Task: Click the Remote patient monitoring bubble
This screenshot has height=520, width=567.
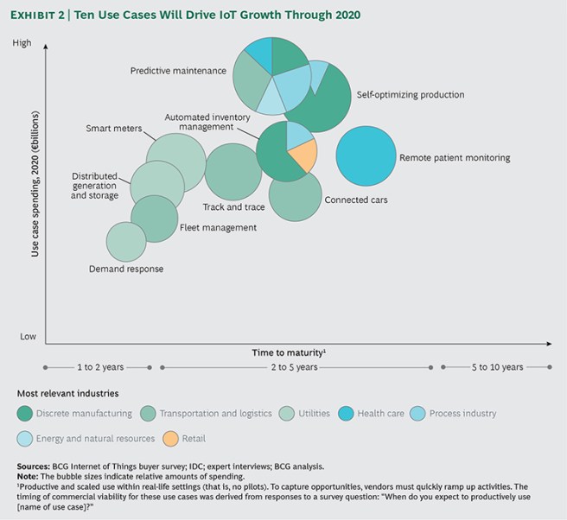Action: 366,156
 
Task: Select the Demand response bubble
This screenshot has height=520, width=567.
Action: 125,242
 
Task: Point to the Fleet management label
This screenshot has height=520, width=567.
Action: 218,228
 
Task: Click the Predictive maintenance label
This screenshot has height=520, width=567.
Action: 178,71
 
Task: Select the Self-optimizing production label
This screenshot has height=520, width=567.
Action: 410,95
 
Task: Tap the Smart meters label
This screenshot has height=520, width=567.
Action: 114,129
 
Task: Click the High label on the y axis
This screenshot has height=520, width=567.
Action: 22,43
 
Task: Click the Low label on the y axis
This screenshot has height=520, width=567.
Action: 29,336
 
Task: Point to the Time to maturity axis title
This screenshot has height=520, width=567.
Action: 288,352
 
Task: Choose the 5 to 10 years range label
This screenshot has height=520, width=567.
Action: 496,367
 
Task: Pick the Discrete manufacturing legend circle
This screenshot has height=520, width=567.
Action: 25,414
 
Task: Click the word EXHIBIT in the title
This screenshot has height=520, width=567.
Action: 38,16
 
